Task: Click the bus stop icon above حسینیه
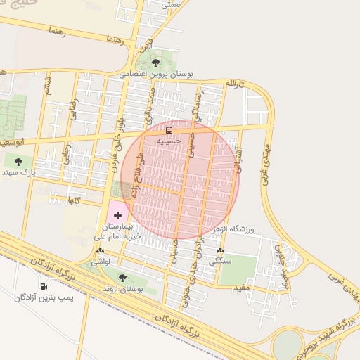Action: click(x=169, y=130)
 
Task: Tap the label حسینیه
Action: click(x=169, y=141)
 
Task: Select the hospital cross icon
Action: click(x=117, y=215)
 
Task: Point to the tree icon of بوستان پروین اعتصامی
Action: click(x=155, y=63)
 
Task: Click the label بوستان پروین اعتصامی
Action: click(x=155, y=73)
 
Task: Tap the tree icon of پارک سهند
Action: click(x=18, y=162)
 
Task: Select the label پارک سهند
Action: click(x=18, y=172)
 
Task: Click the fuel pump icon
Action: click(x=44, y=286)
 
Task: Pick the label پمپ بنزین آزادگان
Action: click(x=44, y=297)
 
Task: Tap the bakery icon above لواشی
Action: click(x=100, y=250)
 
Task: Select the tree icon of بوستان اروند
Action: click(x=123, y=278)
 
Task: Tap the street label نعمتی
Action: click(x=171, y=4)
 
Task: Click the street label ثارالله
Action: click(x=233, y=84)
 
